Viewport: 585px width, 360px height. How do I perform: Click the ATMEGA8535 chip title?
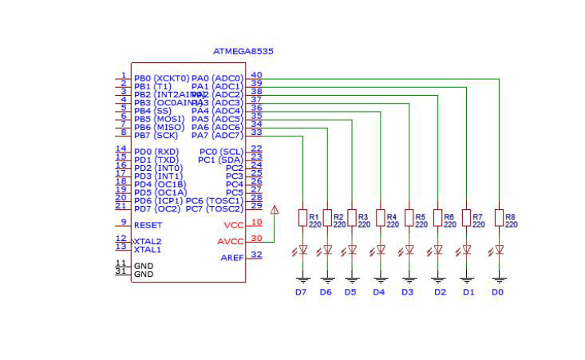(243, 51)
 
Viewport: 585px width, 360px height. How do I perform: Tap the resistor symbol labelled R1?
(302, 217)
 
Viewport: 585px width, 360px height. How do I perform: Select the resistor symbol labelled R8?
(499, 217)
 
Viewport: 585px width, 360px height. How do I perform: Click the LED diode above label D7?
(302, 249)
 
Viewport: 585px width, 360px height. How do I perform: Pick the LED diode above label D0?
(499, 249)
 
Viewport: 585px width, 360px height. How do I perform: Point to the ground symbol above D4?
(381, 279)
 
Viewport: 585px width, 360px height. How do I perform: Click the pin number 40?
(256, 75)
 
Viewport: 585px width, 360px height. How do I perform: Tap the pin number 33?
(256, 132)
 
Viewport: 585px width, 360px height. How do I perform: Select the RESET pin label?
(148, 225)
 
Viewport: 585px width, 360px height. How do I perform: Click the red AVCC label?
(230, 241)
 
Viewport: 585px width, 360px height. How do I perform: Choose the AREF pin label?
(231, 258)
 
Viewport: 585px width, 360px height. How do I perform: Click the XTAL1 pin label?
(147, 249)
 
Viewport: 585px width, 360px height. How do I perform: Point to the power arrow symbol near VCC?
(275, 211)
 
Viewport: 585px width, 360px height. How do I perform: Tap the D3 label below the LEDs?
(408, 292)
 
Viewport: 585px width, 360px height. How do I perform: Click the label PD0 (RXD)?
(156, 152)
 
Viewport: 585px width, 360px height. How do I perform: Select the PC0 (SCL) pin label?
(221, 152)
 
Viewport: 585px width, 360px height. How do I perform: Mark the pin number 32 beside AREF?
(256, 255)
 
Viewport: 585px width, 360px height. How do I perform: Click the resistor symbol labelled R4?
(381, 217)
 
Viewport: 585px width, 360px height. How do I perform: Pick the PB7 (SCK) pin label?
(156, 136)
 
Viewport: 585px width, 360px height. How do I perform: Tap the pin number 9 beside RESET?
(123, 222)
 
